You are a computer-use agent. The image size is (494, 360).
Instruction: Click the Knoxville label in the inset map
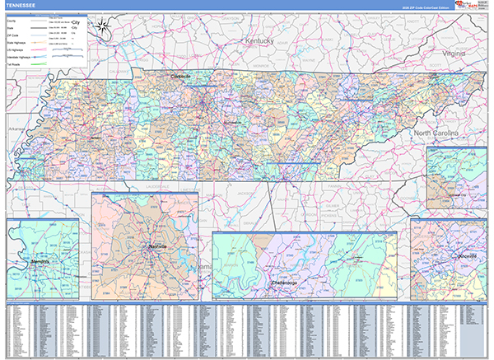(449, 255)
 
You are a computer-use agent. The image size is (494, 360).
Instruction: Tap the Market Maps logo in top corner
(475, 7)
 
